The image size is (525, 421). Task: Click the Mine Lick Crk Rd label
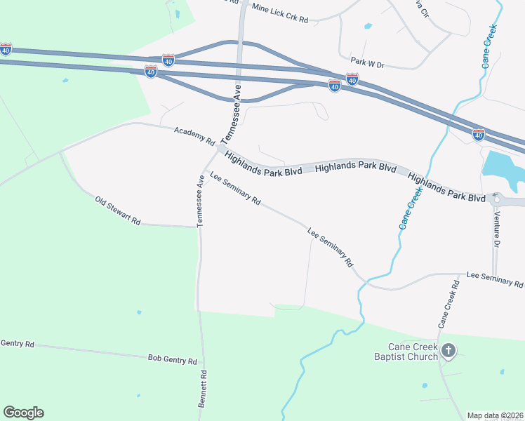pyautogui.click(x=279, y=13)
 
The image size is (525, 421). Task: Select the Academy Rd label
pyautogui.click(x=194, y=136)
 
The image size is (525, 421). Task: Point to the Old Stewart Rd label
pyautogui.click(x=117, y=210)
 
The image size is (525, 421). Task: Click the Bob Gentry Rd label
pyautogui.click(x=172, y=359)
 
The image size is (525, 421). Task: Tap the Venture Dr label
pyautogui.click(x=497, y=232)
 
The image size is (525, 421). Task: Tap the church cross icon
pyautogui.click(x=448, y=350)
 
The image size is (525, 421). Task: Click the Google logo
pyautogui.click(x=23, y=413)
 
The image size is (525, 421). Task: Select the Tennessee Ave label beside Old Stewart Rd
pyautogui.click(x=199, y=201)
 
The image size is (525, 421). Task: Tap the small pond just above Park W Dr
pyautogui.click(x=368, y=27)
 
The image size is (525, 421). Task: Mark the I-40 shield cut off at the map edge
pyautogui.click(x=6, y=49)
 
